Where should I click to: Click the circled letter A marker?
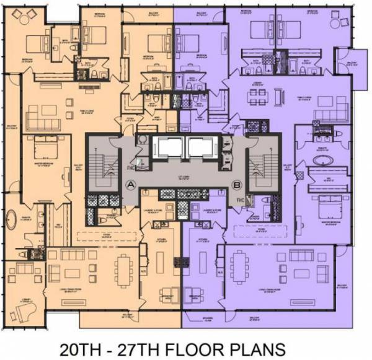click(x=131, y=185)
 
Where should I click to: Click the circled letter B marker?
click(x=236, y=185)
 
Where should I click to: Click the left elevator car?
click(x=164, y=147)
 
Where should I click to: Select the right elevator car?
click(x=201, y=147)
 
